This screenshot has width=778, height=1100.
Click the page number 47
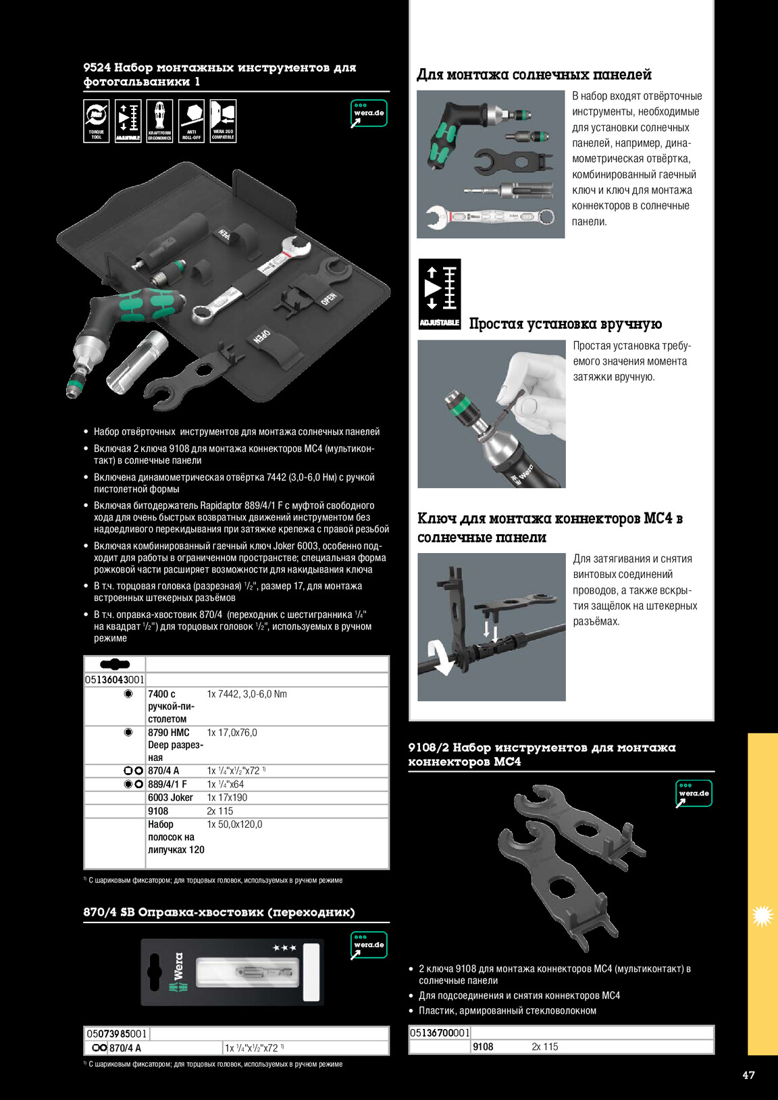pyautogui.click(x=748, y=1075)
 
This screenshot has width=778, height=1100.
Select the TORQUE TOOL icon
pyautogui.click(x=96, y=121)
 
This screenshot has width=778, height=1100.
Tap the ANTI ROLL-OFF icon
pyautogui.click(x=191, y=121)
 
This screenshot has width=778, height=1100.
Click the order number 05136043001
pyautogui.click(x=115, y=679)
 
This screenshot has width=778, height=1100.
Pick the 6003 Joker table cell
pyautogui.click(x=170, y=797)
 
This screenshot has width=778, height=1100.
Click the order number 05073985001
pyautogui.click(x=116, y=1034)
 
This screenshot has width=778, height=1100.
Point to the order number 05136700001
pyautogui.click(x=440, y=1032)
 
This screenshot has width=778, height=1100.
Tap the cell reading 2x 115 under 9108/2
pyautogui.click(x=544, y=1047)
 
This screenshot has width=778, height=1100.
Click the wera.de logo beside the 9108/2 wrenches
pyautogui.click(x=694, y=793)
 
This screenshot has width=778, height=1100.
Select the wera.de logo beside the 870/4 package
pyautogui.click(x=368, y=945)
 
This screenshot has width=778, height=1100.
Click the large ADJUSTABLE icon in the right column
pyautogui.click(x=440, y=294)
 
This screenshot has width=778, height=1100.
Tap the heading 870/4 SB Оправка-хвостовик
pyautogui.click(x=219, y=912)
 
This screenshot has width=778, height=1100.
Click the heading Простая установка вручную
pyautogui.click(x=565, y=323)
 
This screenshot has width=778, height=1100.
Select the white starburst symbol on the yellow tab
pyautogui.click(x=762, y=915)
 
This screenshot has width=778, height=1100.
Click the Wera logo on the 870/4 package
pyautogui.click(x=177, y=972)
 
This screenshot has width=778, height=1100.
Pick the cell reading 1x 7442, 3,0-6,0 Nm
pyautogui.click(x=247, y=694)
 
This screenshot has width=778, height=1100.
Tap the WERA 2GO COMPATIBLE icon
pyautogui.click(x=223, y=121)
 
